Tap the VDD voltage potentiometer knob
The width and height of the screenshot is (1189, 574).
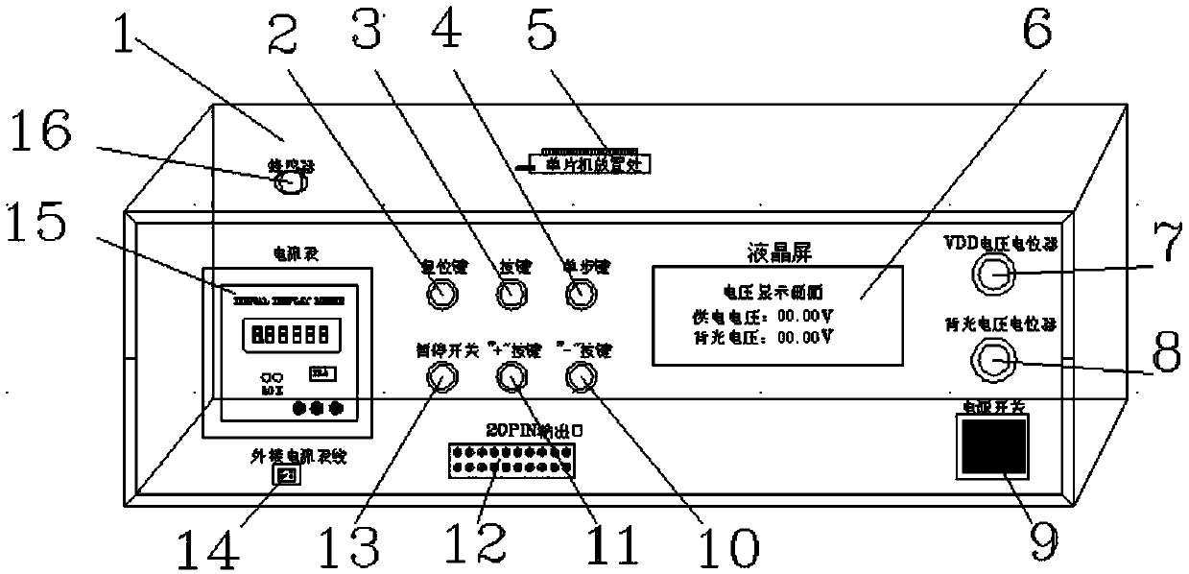tap(993, 279)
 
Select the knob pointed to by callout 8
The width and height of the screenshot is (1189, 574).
tap(993, 361)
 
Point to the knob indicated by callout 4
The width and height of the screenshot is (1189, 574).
tap(578, 294)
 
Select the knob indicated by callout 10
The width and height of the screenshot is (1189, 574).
tap(580, 380)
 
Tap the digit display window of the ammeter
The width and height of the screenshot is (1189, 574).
tap(281, 335)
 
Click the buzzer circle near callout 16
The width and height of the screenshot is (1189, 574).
tap(288, 182)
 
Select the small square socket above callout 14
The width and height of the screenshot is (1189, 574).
tap(285, 475)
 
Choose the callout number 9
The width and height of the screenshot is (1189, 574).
tap(1036, 540)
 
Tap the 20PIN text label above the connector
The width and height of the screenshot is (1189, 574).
tap(514, 430)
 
